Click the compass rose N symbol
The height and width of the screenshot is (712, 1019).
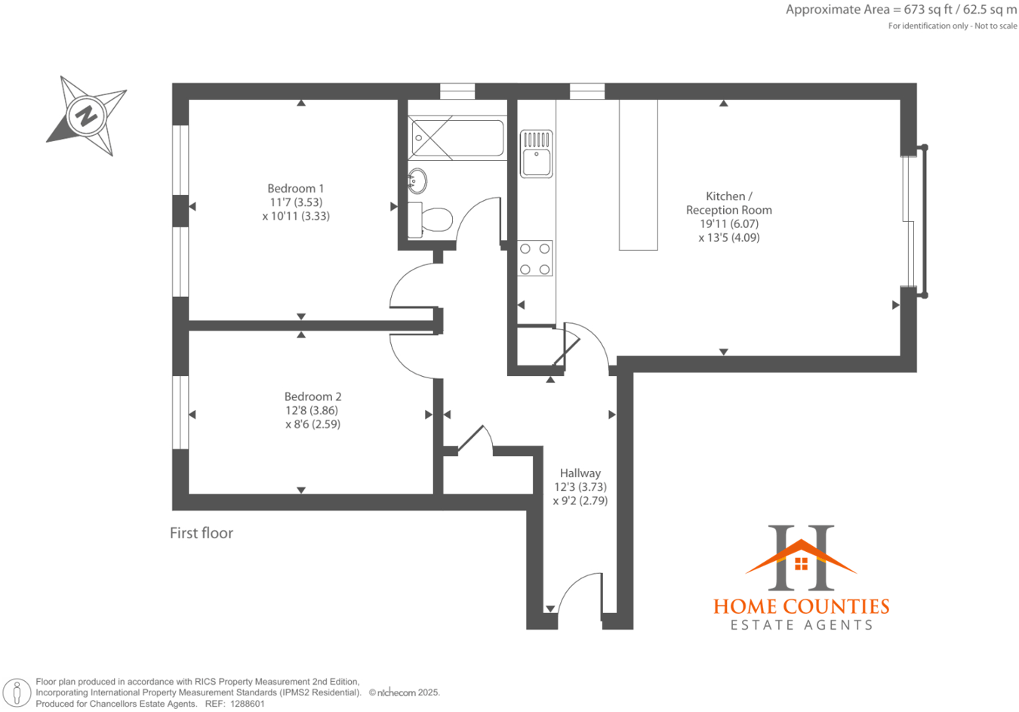[86, 116]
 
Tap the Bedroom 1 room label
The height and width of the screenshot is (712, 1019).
[295, 189]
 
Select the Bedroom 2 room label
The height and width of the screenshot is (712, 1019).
[312, 396]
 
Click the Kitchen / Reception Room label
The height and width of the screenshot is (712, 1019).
[728, 203]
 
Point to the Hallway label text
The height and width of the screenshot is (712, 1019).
[580, 473]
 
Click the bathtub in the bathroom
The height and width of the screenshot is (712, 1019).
[457, 138]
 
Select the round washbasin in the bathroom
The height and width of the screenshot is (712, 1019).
[417, 180]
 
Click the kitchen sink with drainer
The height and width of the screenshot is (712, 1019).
[536, 154]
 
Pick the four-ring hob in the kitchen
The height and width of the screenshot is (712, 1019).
[535, 259]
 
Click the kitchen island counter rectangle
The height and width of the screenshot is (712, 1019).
[638, 174]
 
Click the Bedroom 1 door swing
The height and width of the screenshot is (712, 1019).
[411, 287]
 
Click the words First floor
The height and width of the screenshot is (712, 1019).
[202, 533]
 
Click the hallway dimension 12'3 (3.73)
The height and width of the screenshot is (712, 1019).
[580, 487]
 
